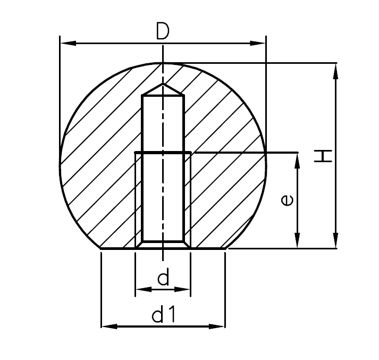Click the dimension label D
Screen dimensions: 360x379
[x=163, y=32]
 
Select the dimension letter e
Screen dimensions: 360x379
[x=286, y=200]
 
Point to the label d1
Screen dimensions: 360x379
[x=163, y=315]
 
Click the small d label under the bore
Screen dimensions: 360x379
[x=163, y=278]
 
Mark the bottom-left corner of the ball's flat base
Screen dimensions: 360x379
[x=101, y=248]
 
